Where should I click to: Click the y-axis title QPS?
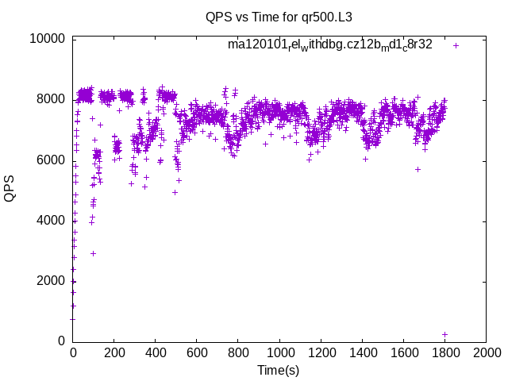10,189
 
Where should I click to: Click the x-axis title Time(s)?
278,370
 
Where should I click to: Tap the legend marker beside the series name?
456,45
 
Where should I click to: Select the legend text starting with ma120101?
329,44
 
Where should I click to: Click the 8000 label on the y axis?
51,99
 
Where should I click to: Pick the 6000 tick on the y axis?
51,160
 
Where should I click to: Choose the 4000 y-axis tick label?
51,220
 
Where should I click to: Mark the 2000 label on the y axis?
51,281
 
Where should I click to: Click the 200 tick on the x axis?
114,352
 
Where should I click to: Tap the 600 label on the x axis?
197,352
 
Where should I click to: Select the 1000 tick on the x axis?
279,352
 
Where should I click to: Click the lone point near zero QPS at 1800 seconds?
444,334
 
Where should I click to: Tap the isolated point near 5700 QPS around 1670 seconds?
418,169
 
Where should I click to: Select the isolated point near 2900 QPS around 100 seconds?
94,253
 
